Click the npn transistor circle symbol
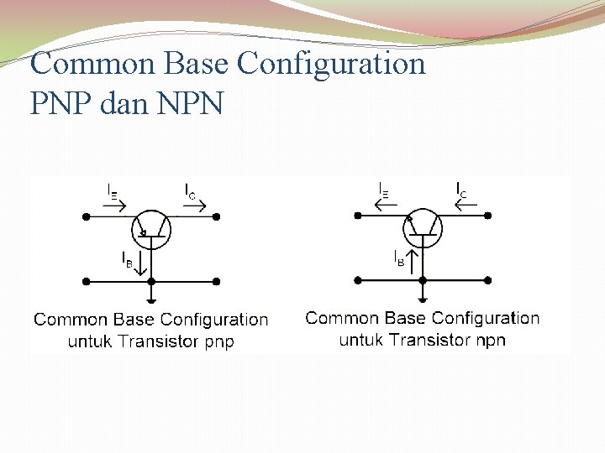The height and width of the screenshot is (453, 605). click(x=423, y=227)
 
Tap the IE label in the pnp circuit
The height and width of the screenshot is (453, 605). click(x=113, y=190)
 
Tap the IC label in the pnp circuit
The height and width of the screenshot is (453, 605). click(x=191, y=190)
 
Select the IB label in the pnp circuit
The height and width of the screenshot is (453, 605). click(x=127, y=258)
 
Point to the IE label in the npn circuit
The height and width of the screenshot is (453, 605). click(x=384, y=190)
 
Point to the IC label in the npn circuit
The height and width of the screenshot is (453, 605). click(x=462, y=190)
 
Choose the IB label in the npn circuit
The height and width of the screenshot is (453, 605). click(x=398, y=258)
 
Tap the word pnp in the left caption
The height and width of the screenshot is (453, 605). click(x=220, y=341)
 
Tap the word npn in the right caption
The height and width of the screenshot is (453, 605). click(x=491, y=340)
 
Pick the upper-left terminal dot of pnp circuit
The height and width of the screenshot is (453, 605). click(x=86, y=216)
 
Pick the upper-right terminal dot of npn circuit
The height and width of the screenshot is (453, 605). click(x=487, y=216)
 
